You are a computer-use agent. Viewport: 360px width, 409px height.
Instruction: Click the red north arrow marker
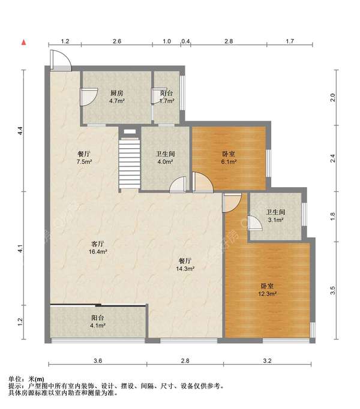(x=24, y=42)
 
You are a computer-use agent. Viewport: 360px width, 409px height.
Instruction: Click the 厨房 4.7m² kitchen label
(x=116, y=97)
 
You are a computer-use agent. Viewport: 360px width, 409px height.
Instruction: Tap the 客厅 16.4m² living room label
(x=98, y=248)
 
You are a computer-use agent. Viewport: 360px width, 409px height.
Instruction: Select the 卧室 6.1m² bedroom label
(x=229, y=158)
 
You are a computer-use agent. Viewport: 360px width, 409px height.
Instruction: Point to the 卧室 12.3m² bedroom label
(x=268, y=290)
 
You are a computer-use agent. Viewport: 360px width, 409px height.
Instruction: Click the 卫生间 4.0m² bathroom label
(x=165, y=158)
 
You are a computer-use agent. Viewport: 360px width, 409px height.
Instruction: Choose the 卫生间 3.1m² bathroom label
(x=275, y=216)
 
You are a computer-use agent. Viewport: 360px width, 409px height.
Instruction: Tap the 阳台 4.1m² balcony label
(x=98, y=321)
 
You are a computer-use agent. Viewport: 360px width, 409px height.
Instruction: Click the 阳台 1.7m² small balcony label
(x=167, y=97)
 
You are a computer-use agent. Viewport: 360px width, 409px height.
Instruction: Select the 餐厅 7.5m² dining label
(x=84, y=158)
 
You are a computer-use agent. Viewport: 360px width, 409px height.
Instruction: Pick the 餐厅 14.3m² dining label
(x=185, y=264)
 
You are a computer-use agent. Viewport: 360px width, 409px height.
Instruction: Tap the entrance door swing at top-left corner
(x=61, y=60)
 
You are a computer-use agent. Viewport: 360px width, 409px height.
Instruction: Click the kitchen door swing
(x=89, y=97)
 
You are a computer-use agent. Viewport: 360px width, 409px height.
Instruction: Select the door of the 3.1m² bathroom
(x=254, y=223)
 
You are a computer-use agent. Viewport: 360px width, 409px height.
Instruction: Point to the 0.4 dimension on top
(x=185, y=41)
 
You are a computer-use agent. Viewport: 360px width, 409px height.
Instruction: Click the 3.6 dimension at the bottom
(x=98, y=361)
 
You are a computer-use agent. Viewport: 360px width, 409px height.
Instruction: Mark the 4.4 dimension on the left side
(x=20, y=130)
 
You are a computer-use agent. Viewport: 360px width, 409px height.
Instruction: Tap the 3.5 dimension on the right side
(x=332, y=290)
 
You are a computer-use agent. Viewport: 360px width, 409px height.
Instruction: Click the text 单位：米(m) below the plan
(x=26, y=379)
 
